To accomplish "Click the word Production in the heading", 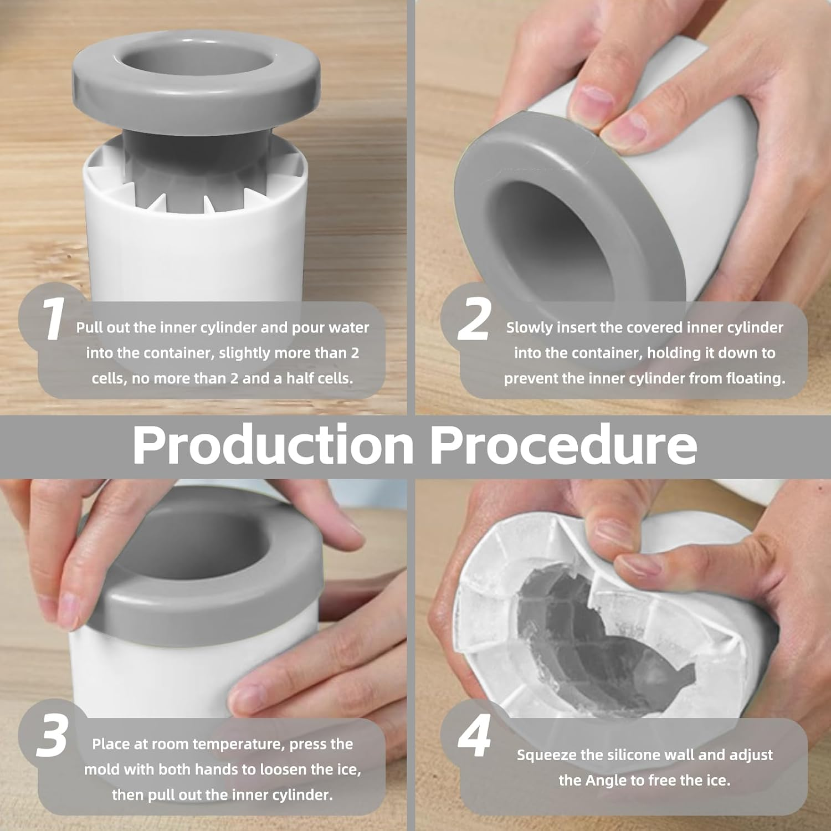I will click(x=273, y=445).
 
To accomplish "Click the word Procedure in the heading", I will click(x=563, y=445).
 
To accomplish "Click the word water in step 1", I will click(x=348, y=327).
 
